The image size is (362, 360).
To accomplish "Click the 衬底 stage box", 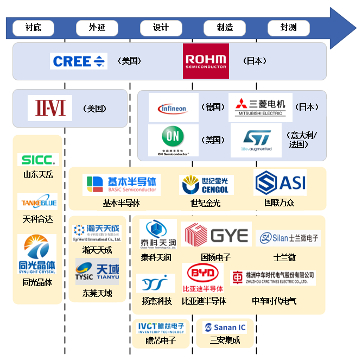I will tap(33, 28).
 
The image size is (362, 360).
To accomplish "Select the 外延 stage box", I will tap(97, 28).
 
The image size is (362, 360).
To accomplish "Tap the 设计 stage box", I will tap(161, 28).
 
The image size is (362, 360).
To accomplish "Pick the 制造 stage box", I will tap(225, 28).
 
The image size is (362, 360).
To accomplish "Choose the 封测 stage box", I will tap(289, 28).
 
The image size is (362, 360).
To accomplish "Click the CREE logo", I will tap(79, 61).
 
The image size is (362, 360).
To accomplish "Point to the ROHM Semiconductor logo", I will tap(206, 61).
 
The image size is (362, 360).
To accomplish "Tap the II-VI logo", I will tap(50, 108).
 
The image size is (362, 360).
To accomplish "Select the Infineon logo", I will tap(173, 108).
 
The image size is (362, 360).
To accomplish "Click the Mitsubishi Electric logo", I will tap(260, 108).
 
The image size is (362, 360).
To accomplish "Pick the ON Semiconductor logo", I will tap(173, 140).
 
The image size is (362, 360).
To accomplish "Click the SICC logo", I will tap(37, 160).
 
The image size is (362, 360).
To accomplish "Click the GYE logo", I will tap(217, 235).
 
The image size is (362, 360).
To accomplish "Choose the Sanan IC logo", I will tap(224, 327).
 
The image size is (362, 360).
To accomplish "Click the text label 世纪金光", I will tap(206, 203).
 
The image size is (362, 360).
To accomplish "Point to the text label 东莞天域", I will tap(98, 293).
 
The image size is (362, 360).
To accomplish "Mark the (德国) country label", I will tap(213, 107).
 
